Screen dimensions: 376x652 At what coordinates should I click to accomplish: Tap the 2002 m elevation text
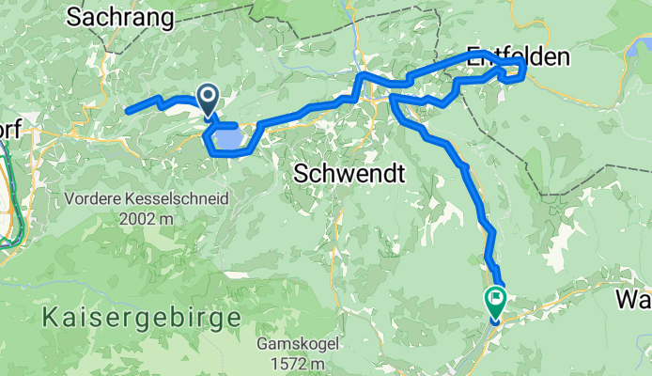click(x=147, y=217)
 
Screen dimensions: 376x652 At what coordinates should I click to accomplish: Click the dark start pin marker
click(x=208, y=97)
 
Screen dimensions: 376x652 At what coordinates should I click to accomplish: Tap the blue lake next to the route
click(x=227, y=139)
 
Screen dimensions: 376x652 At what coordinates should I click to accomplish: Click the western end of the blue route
click(x=128, y=110)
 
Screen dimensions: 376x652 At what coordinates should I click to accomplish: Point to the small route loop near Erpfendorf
click(x=513, y=70)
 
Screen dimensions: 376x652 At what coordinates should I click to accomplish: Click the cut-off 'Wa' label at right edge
click(x=634, y=300)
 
